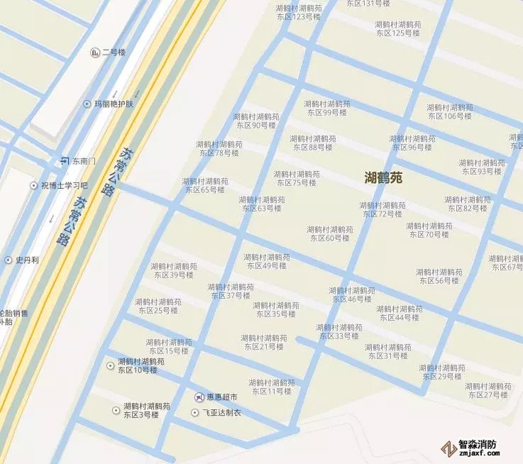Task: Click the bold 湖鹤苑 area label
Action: (382, 177)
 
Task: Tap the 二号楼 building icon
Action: (95, 52)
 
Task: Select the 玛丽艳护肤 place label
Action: (114, 104)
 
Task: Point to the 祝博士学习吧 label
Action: (64, 185)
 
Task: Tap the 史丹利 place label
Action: (27, 260)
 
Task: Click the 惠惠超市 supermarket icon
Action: (199, 397)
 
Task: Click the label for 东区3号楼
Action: (146, 411)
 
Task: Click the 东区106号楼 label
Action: (449, 111)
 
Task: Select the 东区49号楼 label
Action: (266, 261)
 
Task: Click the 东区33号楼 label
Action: (338, 331)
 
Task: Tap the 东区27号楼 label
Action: (488, 390)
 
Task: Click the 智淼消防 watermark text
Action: (477, 445)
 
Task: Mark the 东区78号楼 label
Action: (219, 148)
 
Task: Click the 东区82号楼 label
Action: (467, 204)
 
